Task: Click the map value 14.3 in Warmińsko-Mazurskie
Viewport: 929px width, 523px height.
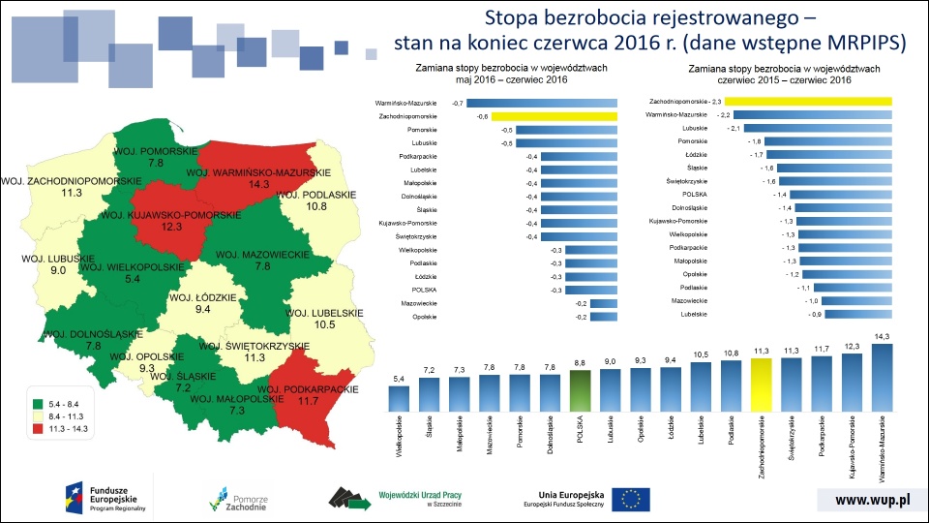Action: click(x=259, y=183)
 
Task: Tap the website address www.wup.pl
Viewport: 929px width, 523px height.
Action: click(x=872, y=500)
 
